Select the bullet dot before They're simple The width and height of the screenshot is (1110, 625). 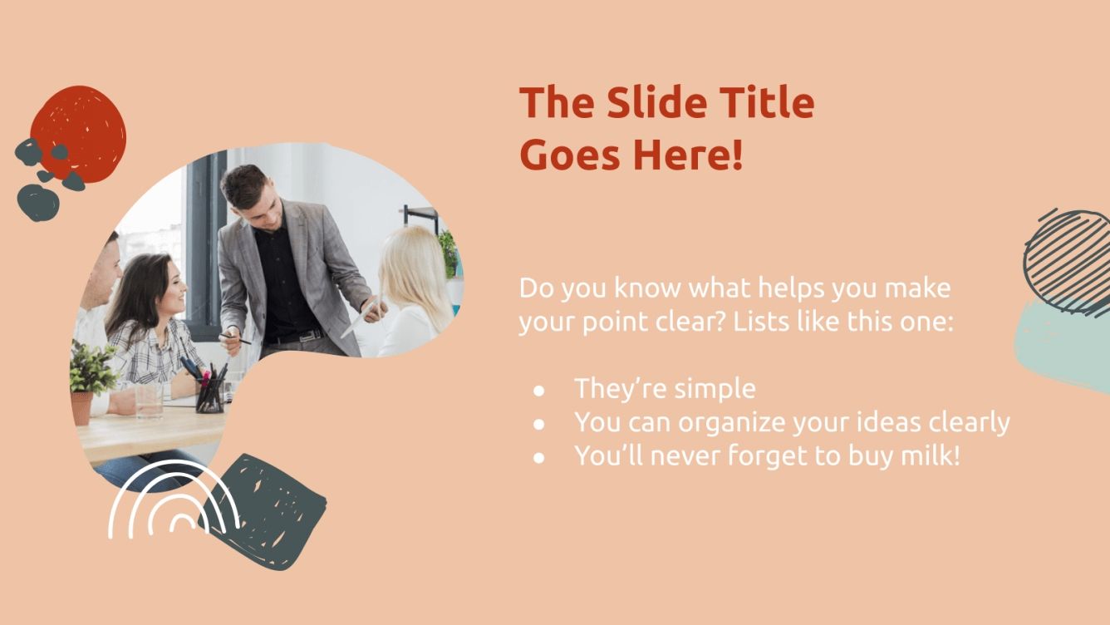[x=539, y=390]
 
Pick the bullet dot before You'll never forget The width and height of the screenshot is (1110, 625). [x=539, y=457]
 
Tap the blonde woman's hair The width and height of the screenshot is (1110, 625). [x=416, y=270]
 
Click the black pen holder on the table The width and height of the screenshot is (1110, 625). [x=210, y=395]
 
